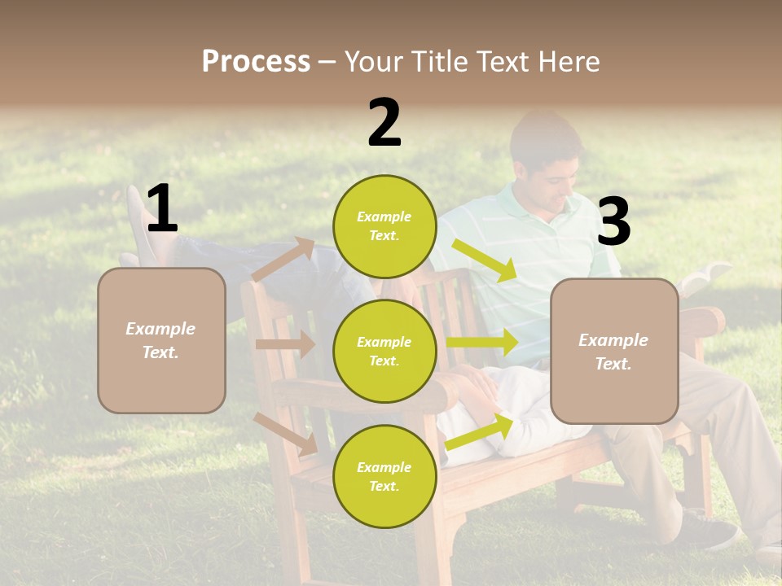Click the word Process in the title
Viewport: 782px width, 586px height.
[256, 61]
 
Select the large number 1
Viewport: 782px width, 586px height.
[162, 209]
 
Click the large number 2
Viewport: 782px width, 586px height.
[384, 123]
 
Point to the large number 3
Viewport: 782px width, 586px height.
[613, 221]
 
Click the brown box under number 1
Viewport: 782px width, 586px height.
[161, 340]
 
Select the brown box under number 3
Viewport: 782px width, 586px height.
[614, 351]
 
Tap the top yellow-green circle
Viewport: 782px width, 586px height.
[384, 226]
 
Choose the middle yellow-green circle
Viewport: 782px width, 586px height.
[384, 351]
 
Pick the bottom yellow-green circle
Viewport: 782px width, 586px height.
[384, 476]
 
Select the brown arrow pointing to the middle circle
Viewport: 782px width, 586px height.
[285, 344]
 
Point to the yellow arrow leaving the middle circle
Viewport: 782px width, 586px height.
[482, 343]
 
